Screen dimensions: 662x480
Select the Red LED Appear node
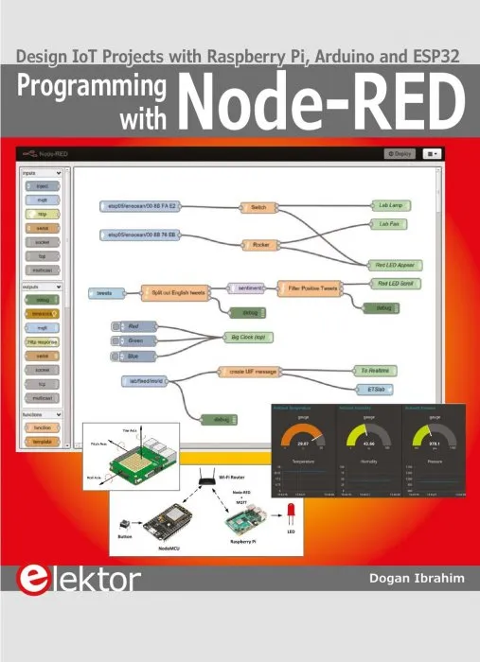(x=394, y=266)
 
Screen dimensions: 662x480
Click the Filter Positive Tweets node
(x=307, y=287)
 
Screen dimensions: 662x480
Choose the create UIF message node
(x=255, y=372)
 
